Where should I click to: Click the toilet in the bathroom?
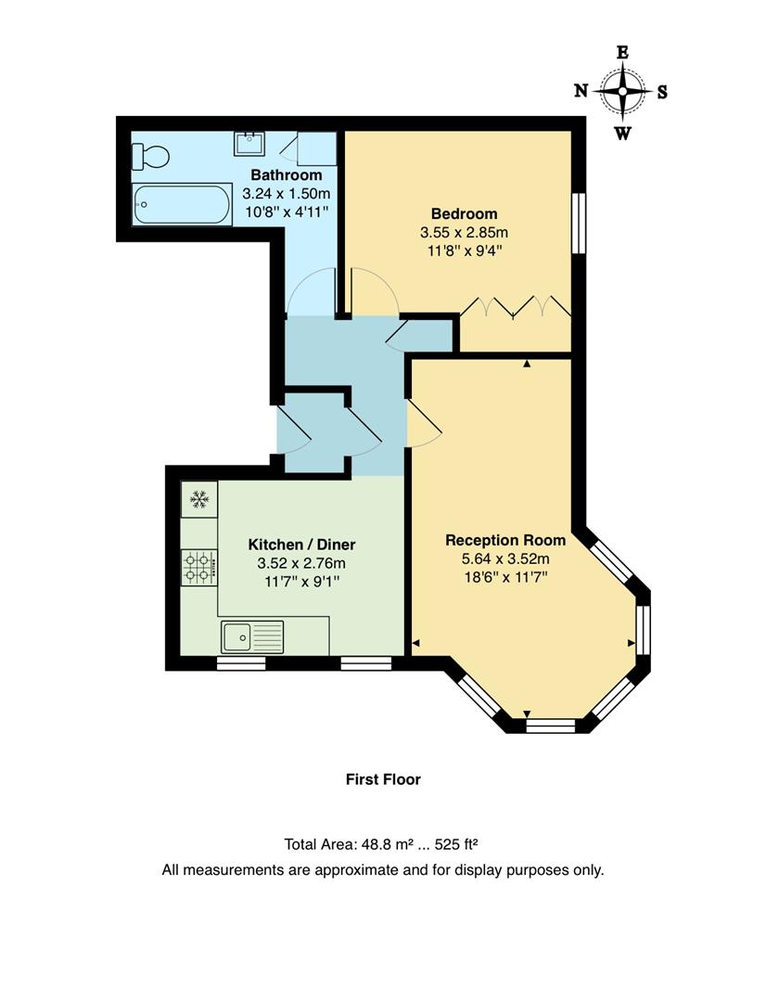click(150, 157)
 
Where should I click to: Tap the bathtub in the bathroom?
click(182, 204)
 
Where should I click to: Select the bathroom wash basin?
click(249, 143)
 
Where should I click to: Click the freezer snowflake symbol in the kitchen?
click(198, 500)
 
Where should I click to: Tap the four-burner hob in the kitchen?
click(198, 566)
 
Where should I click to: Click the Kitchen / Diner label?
click(301, 545)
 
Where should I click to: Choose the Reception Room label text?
click(505, 540)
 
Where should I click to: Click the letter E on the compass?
click(622, 53)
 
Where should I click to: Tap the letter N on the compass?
click(581, 91)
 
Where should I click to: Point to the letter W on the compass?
click(622, 134)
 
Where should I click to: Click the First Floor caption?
click(383, 779)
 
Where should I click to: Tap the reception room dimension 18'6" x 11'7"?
click(505, 577)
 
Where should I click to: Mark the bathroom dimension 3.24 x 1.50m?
click(287, 194)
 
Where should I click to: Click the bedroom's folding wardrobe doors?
click(516, 307)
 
